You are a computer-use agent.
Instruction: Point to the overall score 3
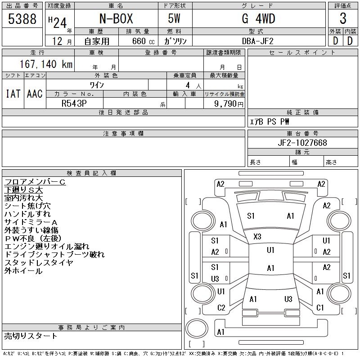coord(343,19)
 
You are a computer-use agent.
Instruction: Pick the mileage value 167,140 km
coord(45,64)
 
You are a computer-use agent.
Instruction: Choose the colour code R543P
coord(74,103)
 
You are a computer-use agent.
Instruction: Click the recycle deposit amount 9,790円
coord(229,103)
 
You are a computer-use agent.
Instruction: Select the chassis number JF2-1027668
coord(302,143)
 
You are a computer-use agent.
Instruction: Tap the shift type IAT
coord(13,94)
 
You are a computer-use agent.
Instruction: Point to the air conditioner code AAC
coord(35,94)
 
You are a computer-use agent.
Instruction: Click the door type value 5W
coord(175,19)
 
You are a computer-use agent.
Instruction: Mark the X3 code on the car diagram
coord(257,237)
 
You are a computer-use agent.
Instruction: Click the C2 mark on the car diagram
coord(221,308)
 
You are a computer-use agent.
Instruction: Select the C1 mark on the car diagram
coord(320,308)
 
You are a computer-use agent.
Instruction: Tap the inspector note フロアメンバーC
coord(35,182)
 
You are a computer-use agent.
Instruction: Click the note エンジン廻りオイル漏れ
coord(47,247)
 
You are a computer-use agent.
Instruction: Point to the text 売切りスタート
coord(31,336)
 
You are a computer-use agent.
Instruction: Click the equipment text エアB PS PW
coord(270,121)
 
